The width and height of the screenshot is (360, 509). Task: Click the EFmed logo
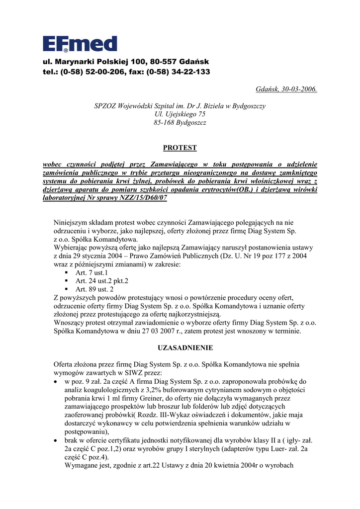point(80,44)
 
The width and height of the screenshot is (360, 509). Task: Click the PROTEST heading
point(180,148)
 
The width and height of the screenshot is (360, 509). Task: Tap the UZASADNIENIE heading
point(179,347)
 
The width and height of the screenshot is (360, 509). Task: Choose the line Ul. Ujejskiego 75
point(180,114)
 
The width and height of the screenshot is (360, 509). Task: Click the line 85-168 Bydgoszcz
point(180,122)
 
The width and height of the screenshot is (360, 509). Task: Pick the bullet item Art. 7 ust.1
point(91,273)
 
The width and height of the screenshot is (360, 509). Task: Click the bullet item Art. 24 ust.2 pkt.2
point(101,281)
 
